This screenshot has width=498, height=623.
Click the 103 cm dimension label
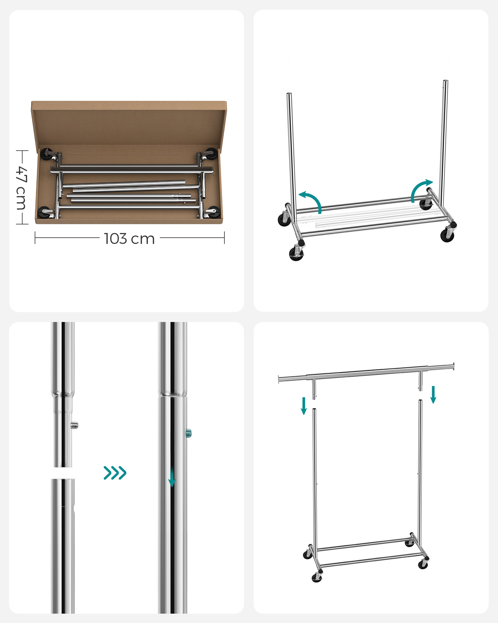(129, 239)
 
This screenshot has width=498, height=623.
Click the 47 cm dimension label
(22, 188)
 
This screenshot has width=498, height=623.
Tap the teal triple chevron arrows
(115, 473)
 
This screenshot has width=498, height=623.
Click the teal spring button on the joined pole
(188, 433)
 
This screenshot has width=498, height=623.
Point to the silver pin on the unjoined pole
(74, 425)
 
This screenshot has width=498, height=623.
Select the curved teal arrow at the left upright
(311, 201)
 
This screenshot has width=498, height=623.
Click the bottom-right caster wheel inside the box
(214, 212)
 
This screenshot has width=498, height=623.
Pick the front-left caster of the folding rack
(296, 253)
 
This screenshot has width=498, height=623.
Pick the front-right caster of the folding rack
(447, 234)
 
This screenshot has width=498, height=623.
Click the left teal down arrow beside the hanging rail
(304, 406)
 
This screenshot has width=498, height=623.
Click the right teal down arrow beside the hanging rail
(433, 395)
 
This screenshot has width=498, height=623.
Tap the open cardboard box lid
(129, 125)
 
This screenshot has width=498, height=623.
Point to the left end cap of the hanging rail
(279, 379)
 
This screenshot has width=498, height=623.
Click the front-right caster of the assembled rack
(423, 564)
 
